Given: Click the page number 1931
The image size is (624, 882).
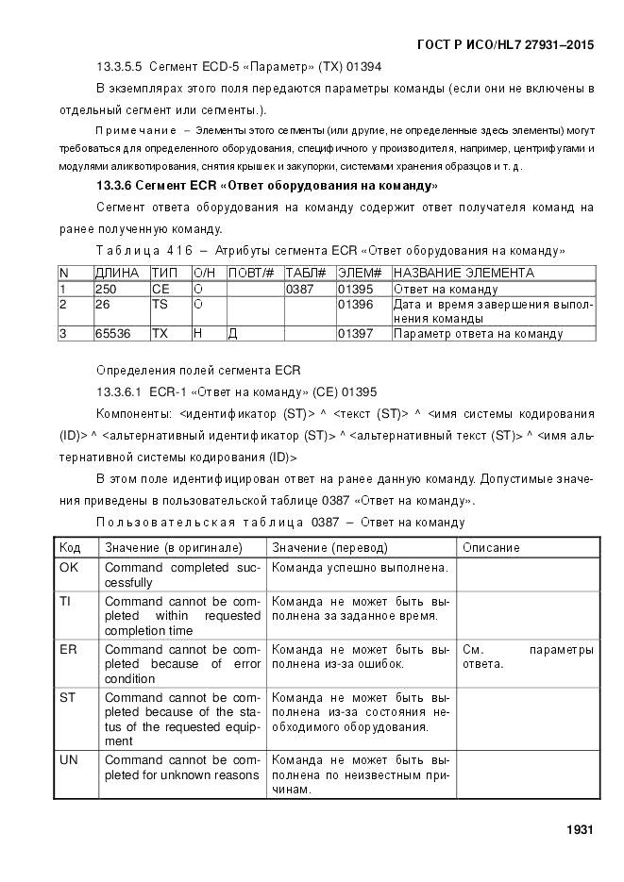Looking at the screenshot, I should [x=579, y=829].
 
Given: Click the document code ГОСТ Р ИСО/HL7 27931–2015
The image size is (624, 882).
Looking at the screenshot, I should [x=506, y=44].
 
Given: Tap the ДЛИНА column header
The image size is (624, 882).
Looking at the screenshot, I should [x=117, y=273].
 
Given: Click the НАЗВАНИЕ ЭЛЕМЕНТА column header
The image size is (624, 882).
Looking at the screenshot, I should [x=464, y=273].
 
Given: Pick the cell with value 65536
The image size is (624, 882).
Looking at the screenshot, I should [x=112, y=333].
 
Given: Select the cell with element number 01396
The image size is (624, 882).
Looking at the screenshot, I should [x=356, y=305].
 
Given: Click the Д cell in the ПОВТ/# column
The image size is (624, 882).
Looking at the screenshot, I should [x=233, y=333].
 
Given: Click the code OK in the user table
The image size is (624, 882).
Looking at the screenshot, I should [x=69, y=568].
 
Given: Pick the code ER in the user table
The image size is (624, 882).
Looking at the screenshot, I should [x=68, y=650].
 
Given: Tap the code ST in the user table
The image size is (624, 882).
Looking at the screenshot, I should [x=68, y=698].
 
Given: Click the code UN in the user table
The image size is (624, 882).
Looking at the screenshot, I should [x=69, y=759].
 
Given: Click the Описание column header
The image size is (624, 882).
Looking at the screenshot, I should [x=491, y=547].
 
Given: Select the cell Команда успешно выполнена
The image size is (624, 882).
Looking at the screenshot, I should [x=360, y=568].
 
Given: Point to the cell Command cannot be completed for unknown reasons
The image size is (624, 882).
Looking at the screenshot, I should [x=181, y=767].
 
